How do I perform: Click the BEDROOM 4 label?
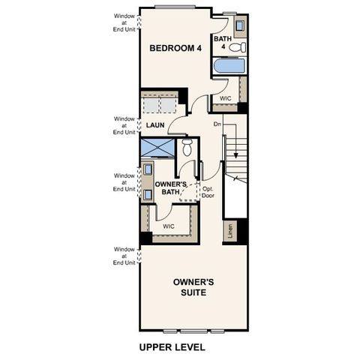(175, 48)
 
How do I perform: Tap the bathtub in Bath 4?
(229, 66)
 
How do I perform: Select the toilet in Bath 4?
(237, 47)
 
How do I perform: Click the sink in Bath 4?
(239, 25)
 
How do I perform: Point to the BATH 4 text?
(222, 43)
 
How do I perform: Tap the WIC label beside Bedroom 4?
(225, 98)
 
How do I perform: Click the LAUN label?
(155, 125)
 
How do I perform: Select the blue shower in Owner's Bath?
(157, 147)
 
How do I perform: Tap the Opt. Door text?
(208, 192)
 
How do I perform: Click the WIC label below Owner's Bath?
(169, 224)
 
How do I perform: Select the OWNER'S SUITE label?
(193, 286)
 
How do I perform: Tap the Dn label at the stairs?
(217, 124)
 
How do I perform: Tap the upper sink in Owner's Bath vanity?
(147, 169)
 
